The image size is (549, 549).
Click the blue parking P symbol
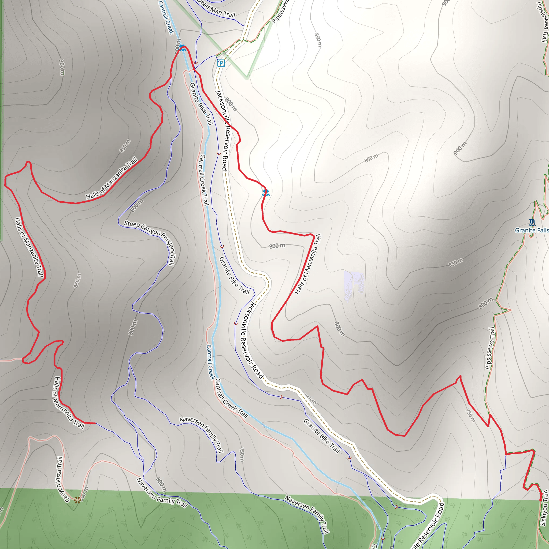tap(221, 63)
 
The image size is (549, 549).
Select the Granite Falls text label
tap(531, 230)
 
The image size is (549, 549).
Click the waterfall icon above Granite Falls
tap(532, 222)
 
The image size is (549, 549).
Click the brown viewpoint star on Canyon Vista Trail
tap(77, 500)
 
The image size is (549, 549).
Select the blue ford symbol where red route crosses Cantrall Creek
tap(183, 47)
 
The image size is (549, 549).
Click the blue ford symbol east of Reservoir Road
tap(266, 193)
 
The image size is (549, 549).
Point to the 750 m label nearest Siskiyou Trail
tap(470, 416)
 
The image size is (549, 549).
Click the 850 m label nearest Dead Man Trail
tap(318, 40)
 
